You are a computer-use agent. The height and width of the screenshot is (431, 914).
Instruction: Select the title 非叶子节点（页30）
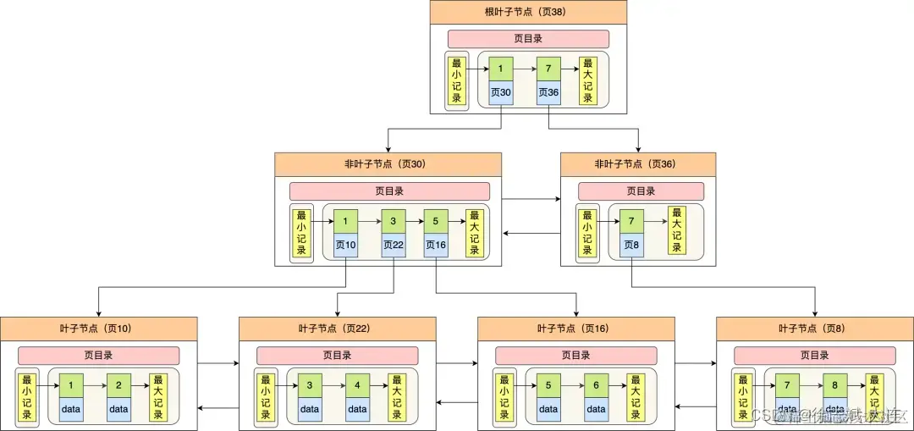tap(388, 164)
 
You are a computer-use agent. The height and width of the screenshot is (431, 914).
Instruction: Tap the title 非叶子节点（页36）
tap(637, 164)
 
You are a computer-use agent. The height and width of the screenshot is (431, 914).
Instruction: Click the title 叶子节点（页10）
tap(98, 329)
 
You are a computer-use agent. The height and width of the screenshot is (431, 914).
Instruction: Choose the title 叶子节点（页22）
tap(337, 329)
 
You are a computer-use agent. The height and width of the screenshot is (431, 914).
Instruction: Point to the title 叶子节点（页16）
tap(575, 329)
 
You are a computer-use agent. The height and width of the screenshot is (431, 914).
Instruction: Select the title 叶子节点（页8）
tap(814, 329)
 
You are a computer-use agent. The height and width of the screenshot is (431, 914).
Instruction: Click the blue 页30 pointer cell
tap(501, 92)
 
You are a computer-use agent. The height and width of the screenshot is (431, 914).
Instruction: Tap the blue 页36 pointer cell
tap(548, 92)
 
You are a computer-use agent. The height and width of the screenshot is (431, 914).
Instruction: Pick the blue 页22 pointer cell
tap(394, 245)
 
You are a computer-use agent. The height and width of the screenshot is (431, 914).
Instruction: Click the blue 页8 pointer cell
tap(631, 245)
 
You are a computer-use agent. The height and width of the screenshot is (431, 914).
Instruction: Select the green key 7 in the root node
tap(548, 68)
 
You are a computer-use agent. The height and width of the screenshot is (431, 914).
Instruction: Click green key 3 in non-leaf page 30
tap(394, 221)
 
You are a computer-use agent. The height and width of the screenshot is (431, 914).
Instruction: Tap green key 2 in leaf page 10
tap(118, 385)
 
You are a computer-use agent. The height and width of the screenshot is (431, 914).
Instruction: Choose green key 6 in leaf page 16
tap(596, 385)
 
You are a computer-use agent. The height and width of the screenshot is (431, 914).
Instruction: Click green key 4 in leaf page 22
tap(357, 385)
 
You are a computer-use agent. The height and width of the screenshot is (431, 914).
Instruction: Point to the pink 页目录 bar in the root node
tap(528, 39)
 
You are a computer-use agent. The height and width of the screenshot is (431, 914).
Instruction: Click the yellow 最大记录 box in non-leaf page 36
tap(676, 230)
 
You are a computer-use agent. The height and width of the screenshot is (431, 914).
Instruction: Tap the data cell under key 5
tap(548, 409)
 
